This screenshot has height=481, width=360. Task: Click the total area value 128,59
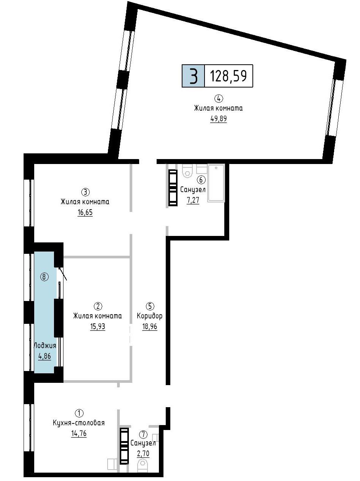[x=228, y=76]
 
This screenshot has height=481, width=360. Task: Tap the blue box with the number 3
[x=193, y=76]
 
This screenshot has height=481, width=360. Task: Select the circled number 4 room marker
[x=219, y=99]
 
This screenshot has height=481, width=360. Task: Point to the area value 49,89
[x=219, y=119]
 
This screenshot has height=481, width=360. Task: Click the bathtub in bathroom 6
[x=216, y=183]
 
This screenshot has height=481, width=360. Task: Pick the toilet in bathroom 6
[x=187, y=170]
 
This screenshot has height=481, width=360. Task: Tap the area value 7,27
[x=193, y=200]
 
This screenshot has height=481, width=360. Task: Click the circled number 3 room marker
[x=86, y=192]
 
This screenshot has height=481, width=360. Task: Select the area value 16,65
[x=85, y=212]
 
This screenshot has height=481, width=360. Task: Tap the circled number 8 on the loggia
[x=44, y=277]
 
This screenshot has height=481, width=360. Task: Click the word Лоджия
[x=45, y=346]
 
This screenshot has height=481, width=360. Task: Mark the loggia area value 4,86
[x=44, y=356]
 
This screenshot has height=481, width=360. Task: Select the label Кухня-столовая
[x=79, y=423]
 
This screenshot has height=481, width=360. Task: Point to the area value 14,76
[x=79, y=433]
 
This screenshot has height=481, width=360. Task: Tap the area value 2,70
[x=143, y=453]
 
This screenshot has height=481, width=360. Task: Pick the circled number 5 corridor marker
[x=150, y=306]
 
